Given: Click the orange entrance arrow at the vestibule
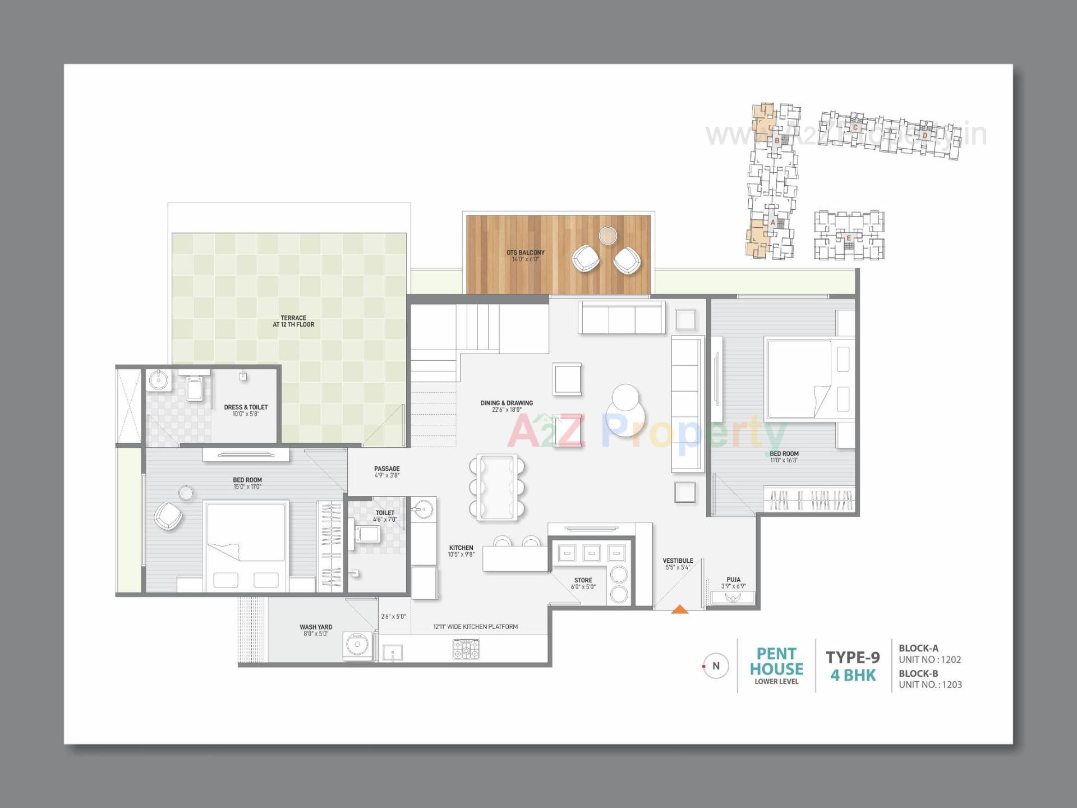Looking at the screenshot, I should click(x=679, y=609).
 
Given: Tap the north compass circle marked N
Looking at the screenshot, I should click(x=715, y=666).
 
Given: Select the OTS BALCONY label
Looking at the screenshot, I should click(x=525, y=252).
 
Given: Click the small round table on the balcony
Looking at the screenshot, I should click(x=607, y=236).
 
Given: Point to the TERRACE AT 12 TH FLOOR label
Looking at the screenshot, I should click(x=293, y=321).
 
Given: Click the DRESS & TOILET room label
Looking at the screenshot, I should click(x=246, y=407).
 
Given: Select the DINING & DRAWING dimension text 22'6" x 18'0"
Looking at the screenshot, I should click(x=507, y=410).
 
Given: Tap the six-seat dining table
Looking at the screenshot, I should click(x=497, y=486).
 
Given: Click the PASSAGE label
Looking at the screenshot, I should click(x=387, y=469).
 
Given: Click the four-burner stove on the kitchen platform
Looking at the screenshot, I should click(x=466, y=649).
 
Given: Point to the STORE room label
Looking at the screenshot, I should click(x=583, y=580).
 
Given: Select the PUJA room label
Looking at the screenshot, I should click(x=733, y=580).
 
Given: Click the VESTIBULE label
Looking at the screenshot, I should click(x=678, y=561).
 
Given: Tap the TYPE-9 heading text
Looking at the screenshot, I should click(x=853, y=657).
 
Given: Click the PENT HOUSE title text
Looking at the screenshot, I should click(x=776, y=662).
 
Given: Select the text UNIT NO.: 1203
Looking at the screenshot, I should click(x=930, y=685).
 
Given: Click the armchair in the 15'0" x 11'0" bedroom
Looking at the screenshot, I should click(x=168, y=516).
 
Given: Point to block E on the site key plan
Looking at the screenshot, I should click(x=849, y=238).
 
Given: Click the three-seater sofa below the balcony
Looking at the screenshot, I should click(x=622, y=318).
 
